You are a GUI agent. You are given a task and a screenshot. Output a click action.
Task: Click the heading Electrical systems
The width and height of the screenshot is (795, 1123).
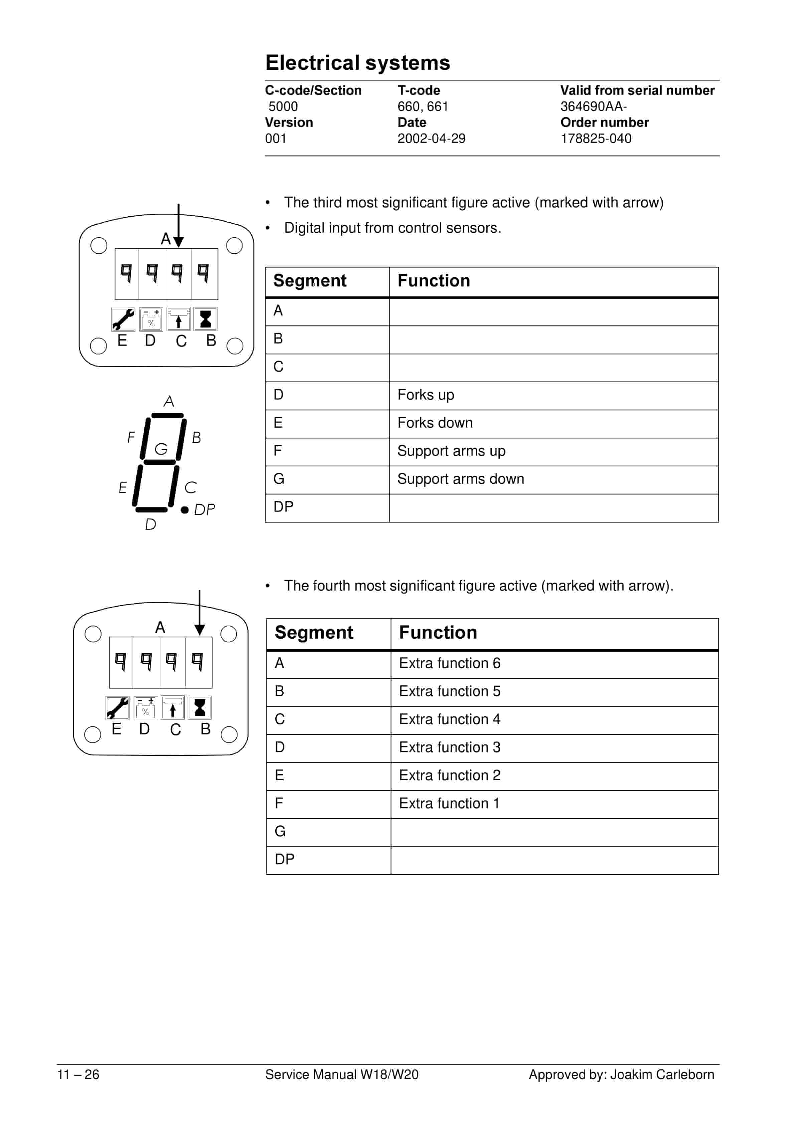click(x=357, y=63)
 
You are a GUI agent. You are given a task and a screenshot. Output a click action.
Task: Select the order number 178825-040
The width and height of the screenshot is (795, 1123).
click(x=596, y=139)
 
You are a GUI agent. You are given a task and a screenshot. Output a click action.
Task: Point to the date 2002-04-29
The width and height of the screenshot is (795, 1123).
click(x=431, y=139)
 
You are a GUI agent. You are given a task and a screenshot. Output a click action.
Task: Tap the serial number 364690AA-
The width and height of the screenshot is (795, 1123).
click(x=593, y=106)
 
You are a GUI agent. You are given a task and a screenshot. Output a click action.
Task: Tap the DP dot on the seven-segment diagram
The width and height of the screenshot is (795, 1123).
click(x=184, y=510)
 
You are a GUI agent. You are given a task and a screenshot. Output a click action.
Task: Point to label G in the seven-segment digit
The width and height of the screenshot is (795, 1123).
click(x=161, y=449)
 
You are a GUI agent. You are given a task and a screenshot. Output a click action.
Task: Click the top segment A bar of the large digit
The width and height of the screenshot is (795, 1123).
click(x=167, y=416)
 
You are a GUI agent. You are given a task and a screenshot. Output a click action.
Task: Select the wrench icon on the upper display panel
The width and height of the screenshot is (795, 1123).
click(x=123, y=319)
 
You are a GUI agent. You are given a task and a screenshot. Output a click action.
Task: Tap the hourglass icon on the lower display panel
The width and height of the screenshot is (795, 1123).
click(x=200, y=708)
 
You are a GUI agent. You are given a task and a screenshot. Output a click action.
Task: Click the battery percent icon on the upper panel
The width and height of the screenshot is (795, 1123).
click(x=151, y=319)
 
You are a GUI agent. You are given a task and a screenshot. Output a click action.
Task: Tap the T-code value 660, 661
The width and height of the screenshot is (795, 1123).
click(x=423, y=106)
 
